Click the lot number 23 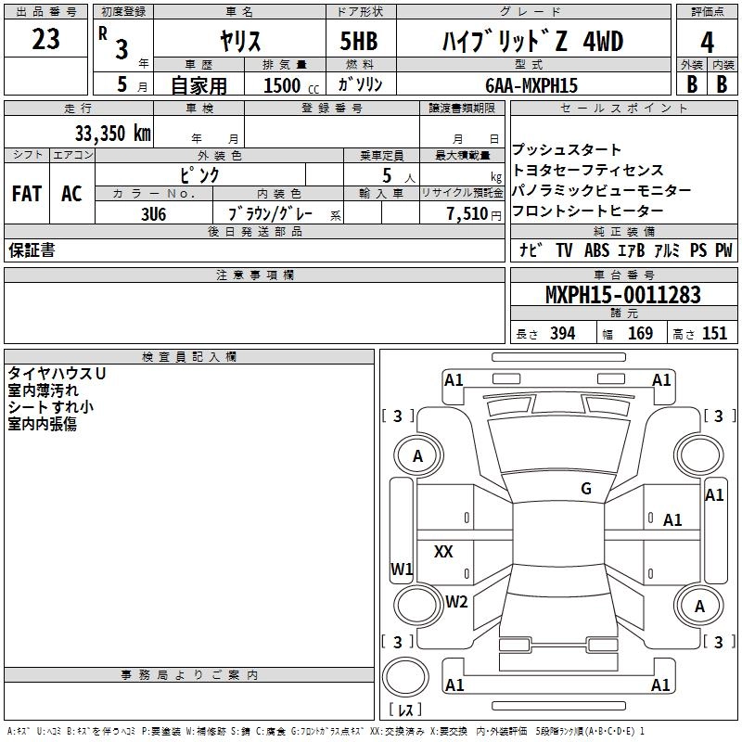[45, 40]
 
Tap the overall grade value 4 [707, 43]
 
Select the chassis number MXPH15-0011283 [622, 296]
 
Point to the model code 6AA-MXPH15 [531, 85]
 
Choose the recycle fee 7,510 [467, 213]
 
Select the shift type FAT [27, 194]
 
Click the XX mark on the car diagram [443, 552]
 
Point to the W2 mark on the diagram [456, 601]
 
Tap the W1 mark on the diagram [401, 569]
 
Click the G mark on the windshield [586, 489]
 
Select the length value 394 [562, 334]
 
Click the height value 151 [714, 334]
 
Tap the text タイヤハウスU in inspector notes [57, 373]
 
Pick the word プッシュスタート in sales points [567, 150]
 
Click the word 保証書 [32, 250]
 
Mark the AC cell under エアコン [71, 194]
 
